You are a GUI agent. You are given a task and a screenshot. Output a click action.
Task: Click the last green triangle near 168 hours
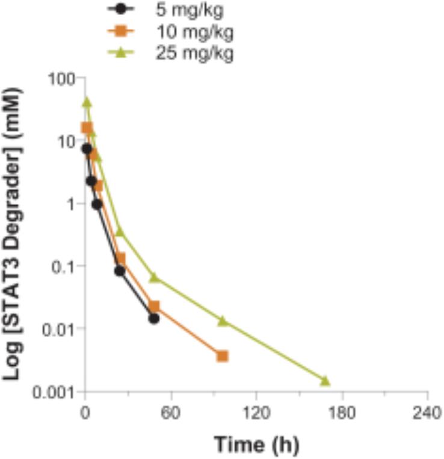pyautogui.click(x=325, y=380)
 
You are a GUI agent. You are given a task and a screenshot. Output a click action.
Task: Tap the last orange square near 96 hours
pyautogui.click(x=223, y=356)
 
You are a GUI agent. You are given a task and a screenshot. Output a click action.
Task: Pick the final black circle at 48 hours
pyautogui.click(x=154, y=318)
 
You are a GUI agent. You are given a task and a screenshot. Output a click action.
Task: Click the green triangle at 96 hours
pyautogui.click(x=223, y=321)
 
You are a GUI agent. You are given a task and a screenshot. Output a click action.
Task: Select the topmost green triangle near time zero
pyautogui.click(x=87, y=102)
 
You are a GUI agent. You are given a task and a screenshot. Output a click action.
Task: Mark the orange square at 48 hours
pyautogui.click(x=154, y=307)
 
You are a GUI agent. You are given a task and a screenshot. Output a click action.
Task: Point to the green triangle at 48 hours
pyautogui.click(x=154, y=277)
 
